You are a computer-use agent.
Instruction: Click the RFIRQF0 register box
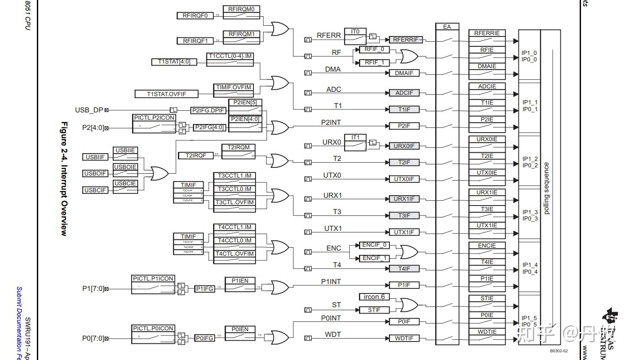point(195,16)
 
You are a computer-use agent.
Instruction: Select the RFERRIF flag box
point(405,39)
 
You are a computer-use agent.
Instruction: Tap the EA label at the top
point(447,27)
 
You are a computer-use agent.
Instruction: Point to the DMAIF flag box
point(403,73)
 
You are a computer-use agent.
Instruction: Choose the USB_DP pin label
point(89,110)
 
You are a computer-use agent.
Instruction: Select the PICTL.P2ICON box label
point(154,118)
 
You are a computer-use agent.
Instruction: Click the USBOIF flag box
point(95,173)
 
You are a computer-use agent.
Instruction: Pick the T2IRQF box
point(196,155)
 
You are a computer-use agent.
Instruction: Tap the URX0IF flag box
point(404,146)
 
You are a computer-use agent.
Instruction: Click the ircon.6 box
point(374,297)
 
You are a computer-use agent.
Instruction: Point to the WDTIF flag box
point(403,338)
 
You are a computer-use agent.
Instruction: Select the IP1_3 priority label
point(530,212)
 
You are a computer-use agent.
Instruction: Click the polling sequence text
point(546,188)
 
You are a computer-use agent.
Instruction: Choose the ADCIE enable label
point(487,86)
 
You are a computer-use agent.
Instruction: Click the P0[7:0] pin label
point(93,338)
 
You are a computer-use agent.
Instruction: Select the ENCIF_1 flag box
point(374,258)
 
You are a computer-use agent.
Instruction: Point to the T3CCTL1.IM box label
point(235,175)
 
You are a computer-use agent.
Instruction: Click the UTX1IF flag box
point(403,232)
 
